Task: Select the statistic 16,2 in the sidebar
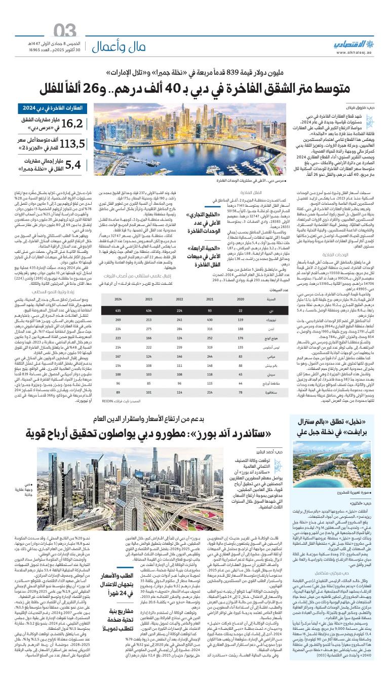click(x=70, y=124)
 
